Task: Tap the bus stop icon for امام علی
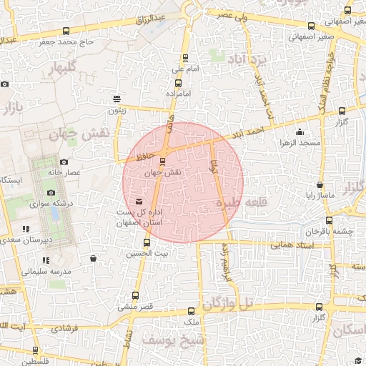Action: (x=187, y=59)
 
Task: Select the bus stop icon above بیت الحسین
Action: (x=147, y=242)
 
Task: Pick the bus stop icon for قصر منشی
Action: (x=136, y=295)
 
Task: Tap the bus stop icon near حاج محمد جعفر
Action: (x=66, y=31)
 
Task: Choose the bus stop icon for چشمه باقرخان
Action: (x=329, y=221)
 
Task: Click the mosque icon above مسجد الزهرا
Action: (x=300, y=132)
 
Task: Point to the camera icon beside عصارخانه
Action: (x=64, y=162)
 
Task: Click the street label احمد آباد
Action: (x=253, y=131)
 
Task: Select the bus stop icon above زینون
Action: (x=117, y=99)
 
